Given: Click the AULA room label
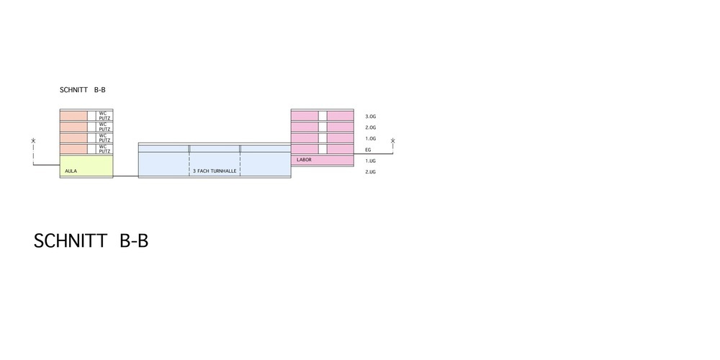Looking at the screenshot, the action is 71,171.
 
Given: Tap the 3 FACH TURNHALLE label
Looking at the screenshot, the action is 215,171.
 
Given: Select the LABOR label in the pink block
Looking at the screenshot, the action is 304,160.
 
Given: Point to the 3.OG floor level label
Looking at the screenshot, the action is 371,117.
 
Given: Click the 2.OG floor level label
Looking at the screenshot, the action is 371,127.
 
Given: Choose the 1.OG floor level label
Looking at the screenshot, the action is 371,139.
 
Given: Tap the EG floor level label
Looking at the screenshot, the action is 368,150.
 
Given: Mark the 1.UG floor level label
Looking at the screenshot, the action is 371,161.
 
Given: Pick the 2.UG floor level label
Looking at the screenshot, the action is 371,172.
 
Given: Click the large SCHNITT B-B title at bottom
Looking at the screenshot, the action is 91,241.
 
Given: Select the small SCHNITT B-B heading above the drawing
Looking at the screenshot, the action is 83,90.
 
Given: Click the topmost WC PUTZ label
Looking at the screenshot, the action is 104,116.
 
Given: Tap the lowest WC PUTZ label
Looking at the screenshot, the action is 104,149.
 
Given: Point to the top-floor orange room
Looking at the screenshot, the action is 73,116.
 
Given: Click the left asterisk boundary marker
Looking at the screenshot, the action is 33,140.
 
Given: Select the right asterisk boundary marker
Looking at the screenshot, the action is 392,140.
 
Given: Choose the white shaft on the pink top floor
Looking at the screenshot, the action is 323,116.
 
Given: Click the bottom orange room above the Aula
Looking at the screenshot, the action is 73,149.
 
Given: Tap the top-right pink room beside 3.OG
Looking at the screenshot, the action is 341,116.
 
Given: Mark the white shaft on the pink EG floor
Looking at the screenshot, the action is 323,149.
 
